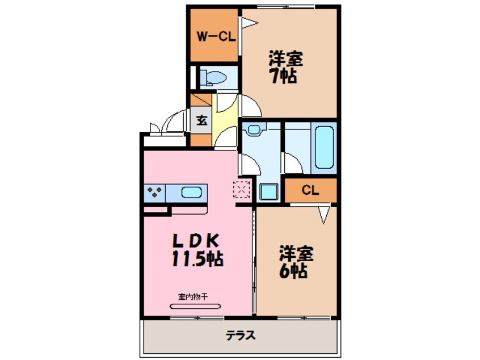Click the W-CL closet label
[216, 37]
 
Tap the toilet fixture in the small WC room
[213, 78]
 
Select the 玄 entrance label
[201, 120]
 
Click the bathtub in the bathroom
[324, 148]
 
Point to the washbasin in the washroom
[254, 129]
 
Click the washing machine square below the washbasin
[269, 191]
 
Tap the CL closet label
[310, 190]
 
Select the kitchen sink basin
[192, 192]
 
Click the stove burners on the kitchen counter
[154, 192]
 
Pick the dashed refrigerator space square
[242, 189]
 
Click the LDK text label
[196, 241]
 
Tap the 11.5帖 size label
[197, 258]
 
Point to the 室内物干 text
[193, 296]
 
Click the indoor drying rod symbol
[195, 306]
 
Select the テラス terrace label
[241, 336]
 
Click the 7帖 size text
[284, 76]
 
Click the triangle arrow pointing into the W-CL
[250, 23]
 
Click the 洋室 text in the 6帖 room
[296, 254]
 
